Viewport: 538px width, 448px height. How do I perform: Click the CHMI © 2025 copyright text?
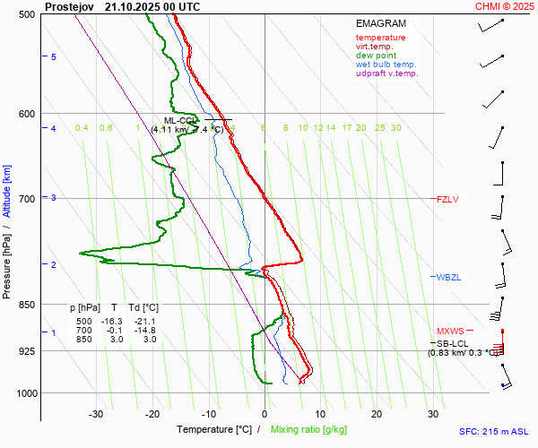505,6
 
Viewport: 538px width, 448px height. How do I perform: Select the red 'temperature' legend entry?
380,38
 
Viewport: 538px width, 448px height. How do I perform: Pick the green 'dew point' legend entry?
376,56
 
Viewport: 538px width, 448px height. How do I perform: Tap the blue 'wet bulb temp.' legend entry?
386,65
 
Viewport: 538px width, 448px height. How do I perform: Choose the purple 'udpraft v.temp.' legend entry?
386,73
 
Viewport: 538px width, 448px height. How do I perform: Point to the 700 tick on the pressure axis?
26,198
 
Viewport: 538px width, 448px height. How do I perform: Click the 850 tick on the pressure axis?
26,305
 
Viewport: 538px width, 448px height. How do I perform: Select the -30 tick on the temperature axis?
96,414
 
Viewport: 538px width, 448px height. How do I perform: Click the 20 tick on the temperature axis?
377,414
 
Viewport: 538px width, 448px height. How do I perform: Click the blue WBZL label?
449,277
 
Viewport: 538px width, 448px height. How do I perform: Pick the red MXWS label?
449,331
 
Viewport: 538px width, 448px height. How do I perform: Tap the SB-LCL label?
454,343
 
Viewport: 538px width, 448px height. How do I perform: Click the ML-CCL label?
180,120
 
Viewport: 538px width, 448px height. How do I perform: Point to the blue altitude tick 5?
54,56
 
